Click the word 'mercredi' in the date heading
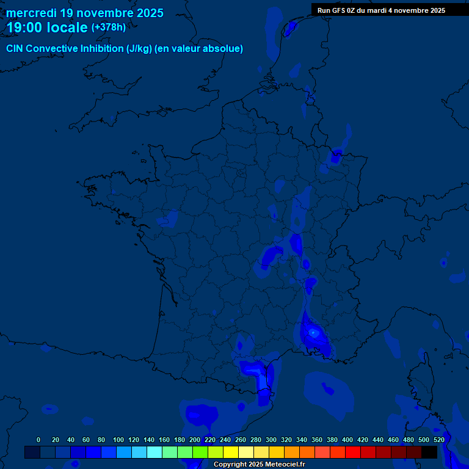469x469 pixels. (31, 13)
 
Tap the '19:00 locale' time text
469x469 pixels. (47, 27)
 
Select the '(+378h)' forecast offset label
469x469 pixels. (108, 27)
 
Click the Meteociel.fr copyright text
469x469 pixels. (259, 465)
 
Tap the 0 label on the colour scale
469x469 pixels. (38, 440)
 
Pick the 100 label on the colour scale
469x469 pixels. (118, 440)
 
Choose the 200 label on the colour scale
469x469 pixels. (195, 440)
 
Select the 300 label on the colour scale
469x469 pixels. (271, 440)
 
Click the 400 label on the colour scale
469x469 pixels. (347, 440)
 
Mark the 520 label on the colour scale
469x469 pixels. (438, 440)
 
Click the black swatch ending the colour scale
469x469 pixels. (429, 452)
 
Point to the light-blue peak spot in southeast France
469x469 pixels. (313, 333)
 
